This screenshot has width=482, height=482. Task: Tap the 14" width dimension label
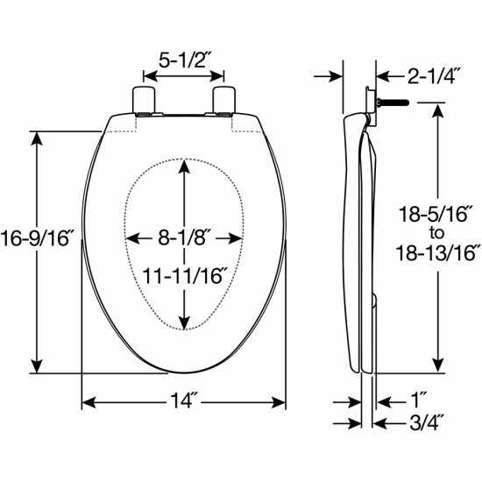pos(185,404)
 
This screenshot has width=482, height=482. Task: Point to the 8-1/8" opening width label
pos(183,237)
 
